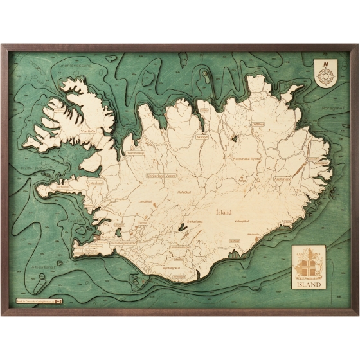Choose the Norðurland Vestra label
click(161, 175)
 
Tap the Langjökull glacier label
click(146, 202)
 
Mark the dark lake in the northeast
click(235, 138)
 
